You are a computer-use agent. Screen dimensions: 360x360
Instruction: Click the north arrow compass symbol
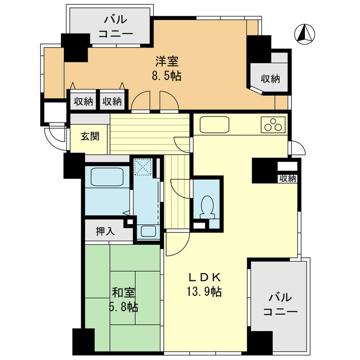(305, 34)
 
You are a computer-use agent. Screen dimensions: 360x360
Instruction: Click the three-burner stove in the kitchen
(273, 125)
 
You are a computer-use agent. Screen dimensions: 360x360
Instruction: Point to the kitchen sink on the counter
(215, 125)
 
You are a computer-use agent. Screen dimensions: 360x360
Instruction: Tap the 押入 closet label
(105, 231)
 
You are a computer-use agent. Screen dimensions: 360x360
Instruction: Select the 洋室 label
(167, 62)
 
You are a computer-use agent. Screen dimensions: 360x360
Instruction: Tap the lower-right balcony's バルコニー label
(280, 304)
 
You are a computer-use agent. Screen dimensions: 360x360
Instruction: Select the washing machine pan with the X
(143, 167)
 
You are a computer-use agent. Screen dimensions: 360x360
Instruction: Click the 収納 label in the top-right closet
(270, 79)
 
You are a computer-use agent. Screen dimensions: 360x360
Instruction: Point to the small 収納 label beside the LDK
(287, 179)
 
